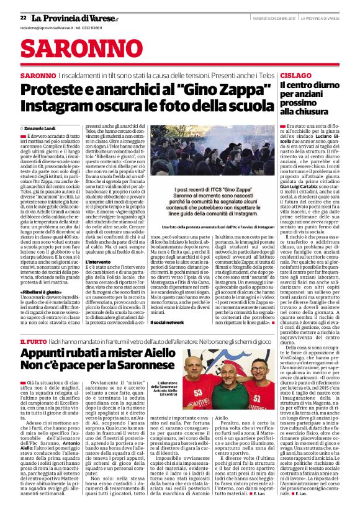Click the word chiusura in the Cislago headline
pyautogui.click(x=315, y=112)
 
